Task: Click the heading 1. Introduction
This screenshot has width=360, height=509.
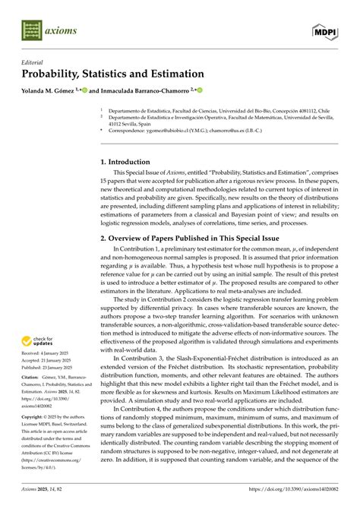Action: click(x=129, y=162)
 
